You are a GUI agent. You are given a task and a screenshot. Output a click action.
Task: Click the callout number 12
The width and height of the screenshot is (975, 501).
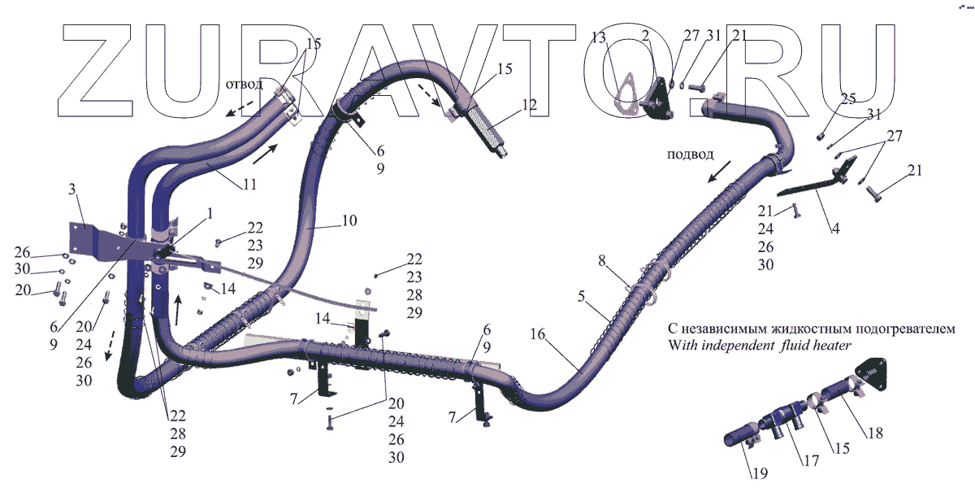point(530,104)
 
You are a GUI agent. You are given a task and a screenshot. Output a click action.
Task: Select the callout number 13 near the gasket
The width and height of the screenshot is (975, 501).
point(599,37)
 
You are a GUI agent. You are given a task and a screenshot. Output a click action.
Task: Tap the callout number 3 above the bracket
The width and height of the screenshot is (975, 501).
point(73,190)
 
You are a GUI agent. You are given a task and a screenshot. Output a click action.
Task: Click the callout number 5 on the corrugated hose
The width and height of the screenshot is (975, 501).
point(582,297)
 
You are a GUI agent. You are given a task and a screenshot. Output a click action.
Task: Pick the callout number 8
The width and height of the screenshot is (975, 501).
point(602,260)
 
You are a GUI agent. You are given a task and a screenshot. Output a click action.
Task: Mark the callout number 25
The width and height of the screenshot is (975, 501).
point(848,99)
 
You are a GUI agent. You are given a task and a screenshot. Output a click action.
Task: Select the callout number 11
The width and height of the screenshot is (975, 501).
point(249,185)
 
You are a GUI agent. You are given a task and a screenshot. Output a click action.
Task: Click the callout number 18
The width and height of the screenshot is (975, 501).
point(874,433)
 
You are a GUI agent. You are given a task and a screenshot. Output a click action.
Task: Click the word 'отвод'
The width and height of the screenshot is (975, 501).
point(244,84)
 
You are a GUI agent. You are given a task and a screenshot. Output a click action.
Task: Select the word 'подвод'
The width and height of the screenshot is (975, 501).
point(690,155)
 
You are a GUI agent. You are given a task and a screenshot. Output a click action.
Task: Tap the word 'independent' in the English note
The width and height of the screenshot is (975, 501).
point(737,345)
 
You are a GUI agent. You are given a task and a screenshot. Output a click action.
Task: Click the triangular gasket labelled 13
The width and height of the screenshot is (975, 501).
point(625,90)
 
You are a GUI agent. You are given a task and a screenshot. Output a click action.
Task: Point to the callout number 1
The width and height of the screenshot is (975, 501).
point(210,213)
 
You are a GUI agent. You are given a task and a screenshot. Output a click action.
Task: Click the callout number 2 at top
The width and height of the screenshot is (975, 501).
point(644,37)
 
